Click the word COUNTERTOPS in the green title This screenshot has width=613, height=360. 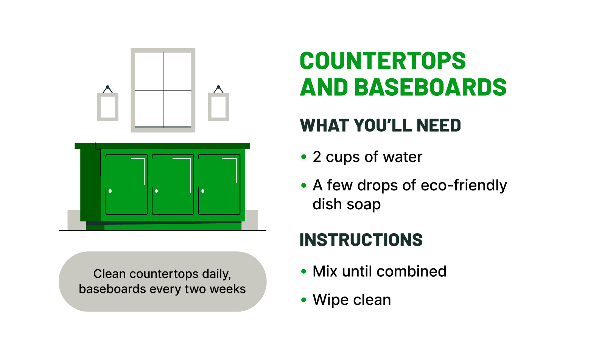383,61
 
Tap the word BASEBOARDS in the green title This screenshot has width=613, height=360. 430,87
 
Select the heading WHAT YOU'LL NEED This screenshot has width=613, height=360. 380,126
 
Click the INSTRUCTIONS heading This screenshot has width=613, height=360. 361,240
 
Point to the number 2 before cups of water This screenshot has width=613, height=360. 317,157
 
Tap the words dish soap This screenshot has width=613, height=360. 347,204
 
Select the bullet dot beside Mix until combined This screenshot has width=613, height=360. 303,271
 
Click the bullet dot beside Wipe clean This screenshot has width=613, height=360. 303,300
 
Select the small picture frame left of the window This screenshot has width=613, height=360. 108,107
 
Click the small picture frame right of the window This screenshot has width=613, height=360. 218,107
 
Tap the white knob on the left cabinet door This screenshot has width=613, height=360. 110,191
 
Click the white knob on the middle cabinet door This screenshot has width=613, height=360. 156,191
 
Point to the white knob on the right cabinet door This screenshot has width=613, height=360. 203,191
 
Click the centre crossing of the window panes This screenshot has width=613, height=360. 163,90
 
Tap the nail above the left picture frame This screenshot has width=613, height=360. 108,87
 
